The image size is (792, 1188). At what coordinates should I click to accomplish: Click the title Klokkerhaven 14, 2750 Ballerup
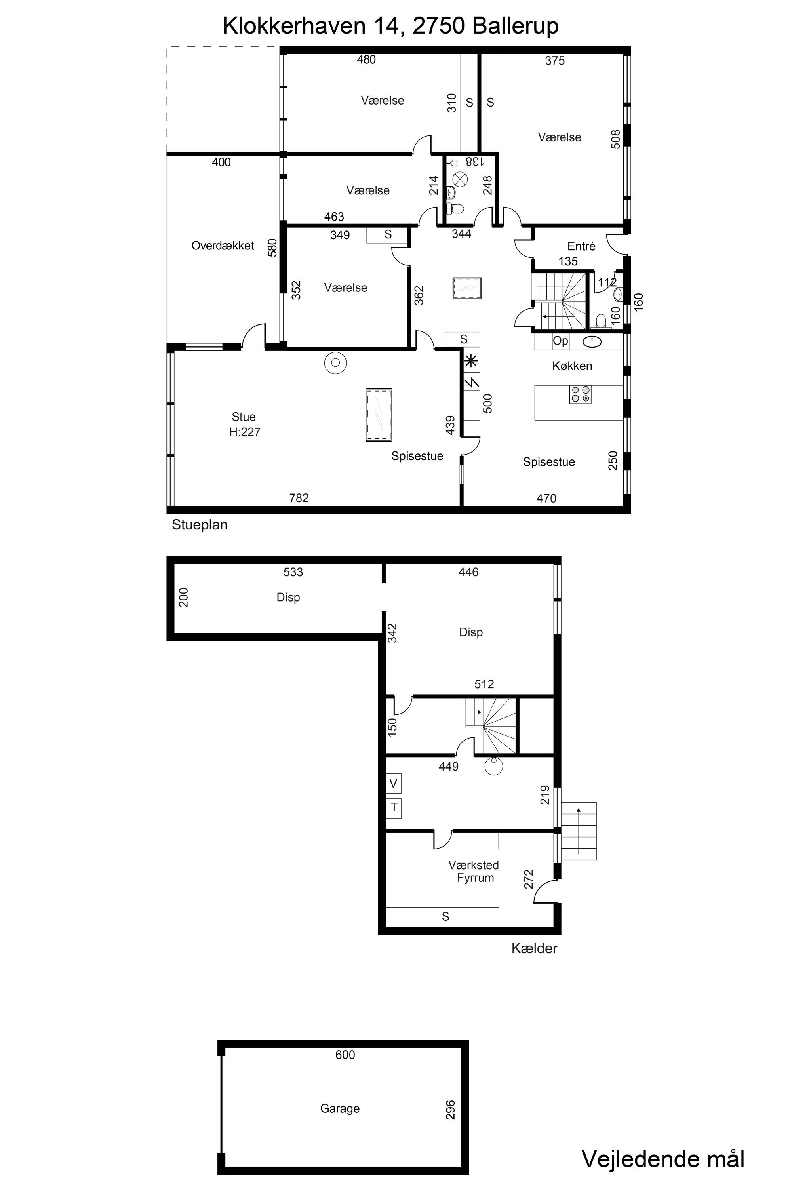click(390, 26)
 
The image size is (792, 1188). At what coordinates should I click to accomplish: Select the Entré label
click(581, 246)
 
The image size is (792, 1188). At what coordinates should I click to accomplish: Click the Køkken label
click(572, 366)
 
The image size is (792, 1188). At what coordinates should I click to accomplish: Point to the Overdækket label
click(223, 246)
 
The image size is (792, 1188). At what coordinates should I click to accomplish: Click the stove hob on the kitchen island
click(581, 394)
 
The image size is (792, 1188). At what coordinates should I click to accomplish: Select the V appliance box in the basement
click(394, 783)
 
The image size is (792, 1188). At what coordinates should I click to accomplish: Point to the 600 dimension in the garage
click(345, 1054)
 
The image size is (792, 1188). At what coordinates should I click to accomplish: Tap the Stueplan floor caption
click(200, 525)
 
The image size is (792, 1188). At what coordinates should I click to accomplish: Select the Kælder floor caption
click(534, 948)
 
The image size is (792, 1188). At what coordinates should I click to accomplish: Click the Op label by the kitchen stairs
click(560, 341)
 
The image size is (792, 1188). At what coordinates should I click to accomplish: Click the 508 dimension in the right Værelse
click(616, 139)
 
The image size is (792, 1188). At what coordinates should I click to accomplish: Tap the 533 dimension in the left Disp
click(293, 572)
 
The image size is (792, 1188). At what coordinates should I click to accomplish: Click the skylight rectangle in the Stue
click(379, 415)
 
